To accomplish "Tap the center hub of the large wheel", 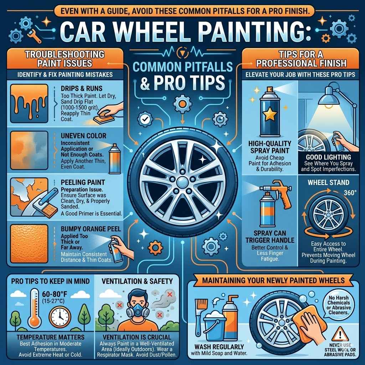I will pos(182,182).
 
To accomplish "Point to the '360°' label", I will pos(350,193).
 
